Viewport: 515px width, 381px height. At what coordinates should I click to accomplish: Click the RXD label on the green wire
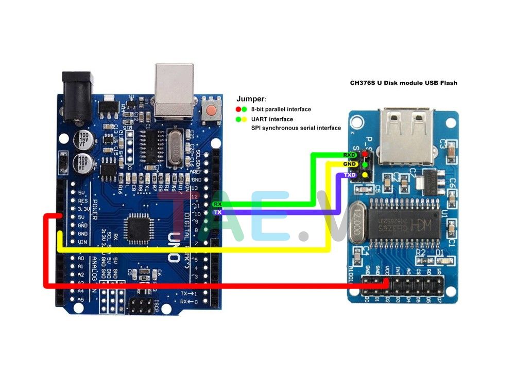[349, 154]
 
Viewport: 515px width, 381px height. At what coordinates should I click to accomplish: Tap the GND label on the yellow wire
[349, 164]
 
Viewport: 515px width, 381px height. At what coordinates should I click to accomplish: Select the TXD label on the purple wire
[349, 175]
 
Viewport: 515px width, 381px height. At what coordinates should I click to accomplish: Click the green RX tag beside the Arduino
[218, 204]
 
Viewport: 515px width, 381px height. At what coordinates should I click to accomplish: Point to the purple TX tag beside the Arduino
[218, 212]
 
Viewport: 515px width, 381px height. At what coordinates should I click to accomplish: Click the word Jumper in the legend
[251, 98]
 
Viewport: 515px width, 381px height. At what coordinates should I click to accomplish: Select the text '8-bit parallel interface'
[281, 110]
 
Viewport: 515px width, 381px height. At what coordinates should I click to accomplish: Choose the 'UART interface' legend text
[272, 119]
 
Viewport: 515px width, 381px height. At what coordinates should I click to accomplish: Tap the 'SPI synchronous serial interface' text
[296, 128]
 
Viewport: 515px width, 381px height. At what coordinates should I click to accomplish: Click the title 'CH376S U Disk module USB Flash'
[403, 82]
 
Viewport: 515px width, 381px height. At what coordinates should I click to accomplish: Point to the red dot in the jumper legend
[238, 110]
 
